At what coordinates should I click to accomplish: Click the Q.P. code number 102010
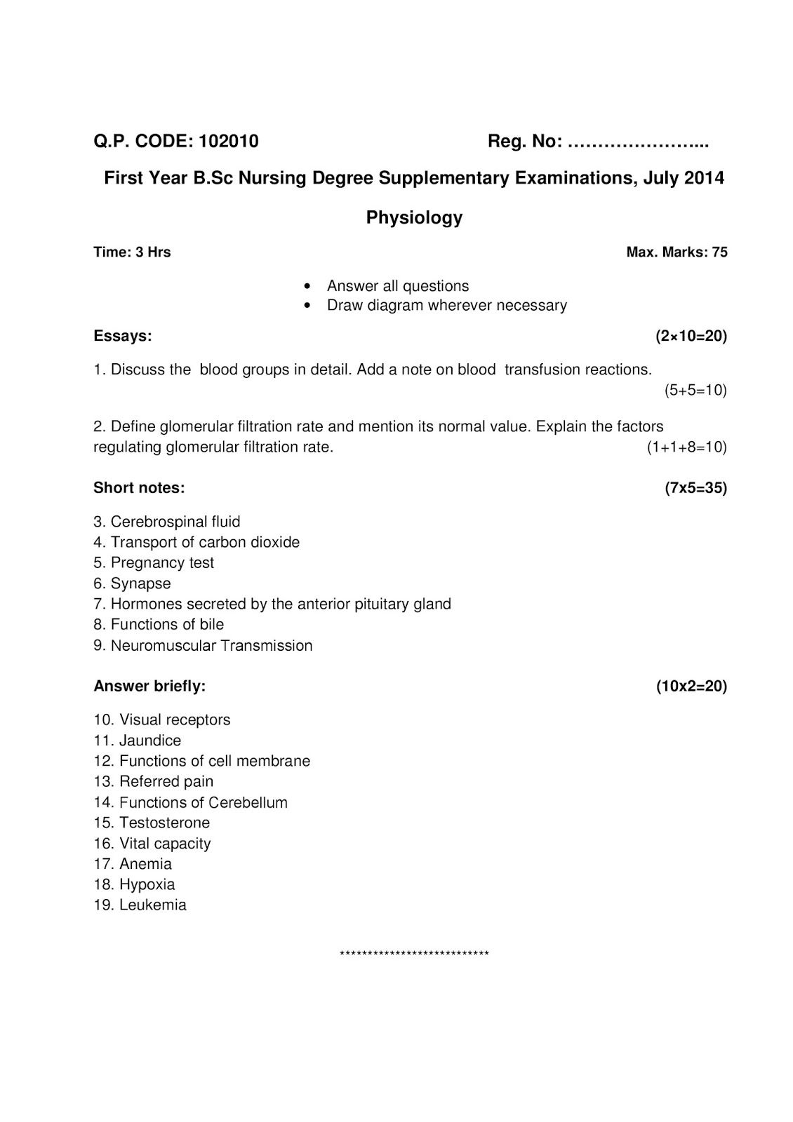pyautogui.click(x=229, y=142)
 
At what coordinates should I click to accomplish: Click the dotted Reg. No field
pyautogui.click(x=637, y=143)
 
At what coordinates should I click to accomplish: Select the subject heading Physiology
pyautogui.click(x=414, y=217)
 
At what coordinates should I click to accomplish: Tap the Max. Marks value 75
pyautogui.click(x=719, y=252)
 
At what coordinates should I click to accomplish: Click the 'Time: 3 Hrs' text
pyautogui.click(x=132, y=252)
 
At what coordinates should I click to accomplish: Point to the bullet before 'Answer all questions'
pyautogui.click(x=307, y=287)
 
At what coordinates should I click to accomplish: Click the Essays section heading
pyautogui.click(x=123, y=336)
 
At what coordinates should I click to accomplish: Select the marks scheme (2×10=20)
pyautogui.click(x=691, y=336)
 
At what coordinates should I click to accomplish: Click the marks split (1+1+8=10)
pyautogui.click(x=686, y=447)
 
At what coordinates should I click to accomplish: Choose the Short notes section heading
pyautogui.click(x=139, y=487)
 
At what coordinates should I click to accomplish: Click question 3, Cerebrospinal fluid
pyautogui.click(x=167, y=522)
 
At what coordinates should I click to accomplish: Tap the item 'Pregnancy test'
pyautogui.click(x=162, y=563)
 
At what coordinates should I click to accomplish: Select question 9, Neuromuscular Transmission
pyautogui.click(x=204, y=645)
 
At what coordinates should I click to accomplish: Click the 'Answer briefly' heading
pyautogui.click(x=149, y=686)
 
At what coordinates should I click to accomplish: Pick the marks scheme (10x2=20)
pyautogui.click(x=691, y=686)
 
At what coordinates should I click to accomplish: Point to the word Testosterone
pyautogui.click(x=164, y=823)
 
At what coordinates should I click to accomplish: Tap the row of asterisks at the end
pyautogui.click(x=414, y=954)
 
